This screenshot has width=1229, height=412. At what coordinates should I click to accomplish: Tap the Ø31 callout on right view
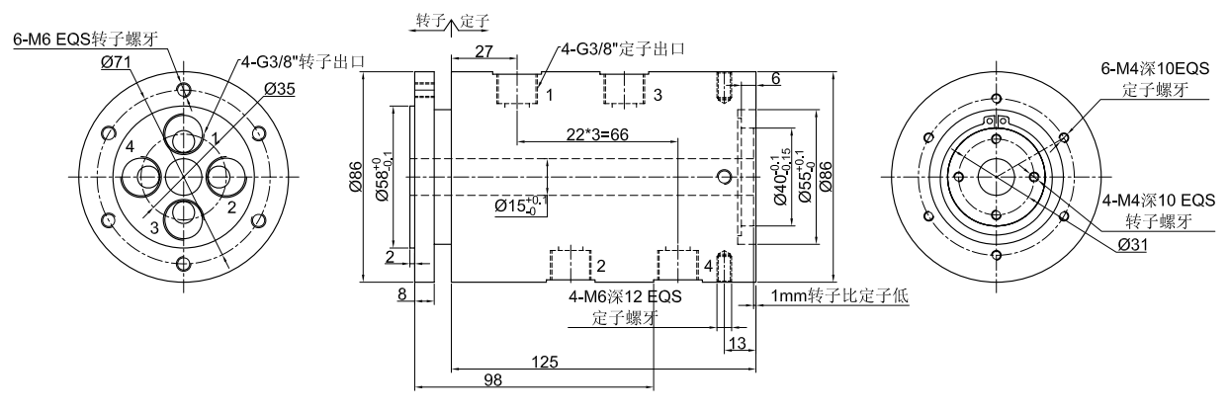1133,246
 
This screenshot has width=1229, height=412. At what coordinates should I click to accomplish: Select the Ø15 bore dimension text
519,207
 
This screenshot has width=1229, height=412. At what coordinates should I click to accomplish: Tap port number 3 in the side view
658,94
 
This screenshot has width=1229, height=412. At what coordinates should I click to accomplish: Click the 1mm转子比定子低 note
839,294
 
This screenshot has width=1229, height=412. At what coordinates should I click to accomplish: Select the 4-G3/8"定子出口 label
623,48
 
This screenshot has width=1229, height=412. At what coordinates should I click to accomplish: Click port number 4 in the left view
130,148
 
